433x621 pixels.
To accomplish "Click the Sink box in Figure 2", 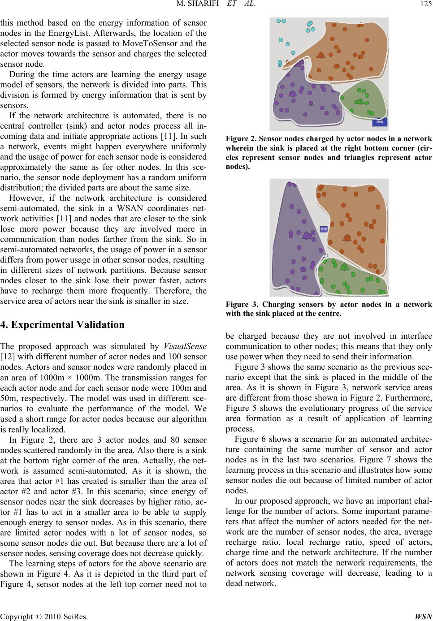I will pyautogui.click(x=379, y=121).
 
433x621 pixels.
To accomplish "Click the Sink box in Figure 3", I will pyautogui.click(x=324, y=229).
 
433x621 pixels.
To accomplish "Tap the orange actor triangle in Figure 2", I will pyautogui.click(x=321, y=56).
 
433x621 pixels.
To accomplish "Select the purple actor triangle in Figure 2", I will pyautogui.click(x=293, y=94).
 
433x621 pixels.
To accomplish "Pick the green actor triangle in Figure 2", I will pyautogui.click(x=359, y=101).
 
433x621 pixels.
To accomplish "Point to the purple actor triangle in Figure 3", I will pyautogui.click(x=307, y=236).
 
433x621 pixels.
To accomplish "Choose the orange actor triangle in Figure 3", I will pyautogui.click(x=347, y=237).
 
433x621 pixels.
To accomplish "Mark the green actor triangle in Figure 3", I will pyautogui.click(x=344, y=267).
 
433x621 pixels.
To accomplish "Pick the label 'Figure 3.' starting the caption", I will pyautogui.click(x=286, y=305).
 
